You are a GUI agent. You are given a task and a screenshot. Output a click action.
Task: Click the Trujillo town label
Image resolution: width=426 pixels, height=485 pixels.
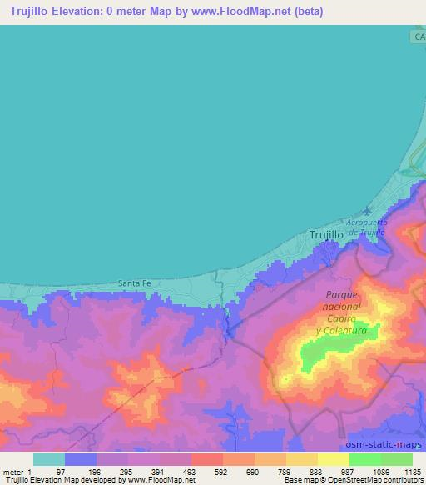point(326,236)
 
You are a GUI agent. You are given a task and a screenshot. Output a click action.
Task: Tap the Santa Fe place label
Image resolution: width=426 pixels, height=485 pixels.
point(134,283)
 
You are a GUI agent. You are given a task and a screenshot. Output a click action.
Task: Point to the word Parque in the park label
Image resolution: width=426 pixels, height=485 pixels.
point(341,295)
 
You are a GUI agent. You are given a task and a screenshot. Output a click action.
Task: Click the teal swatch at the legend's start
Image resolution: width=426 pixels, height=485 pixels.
point(49,459)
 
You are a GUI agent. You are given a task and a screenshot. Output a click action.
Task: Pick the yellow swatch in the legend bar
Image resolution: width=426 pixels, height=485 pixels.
point(334,459)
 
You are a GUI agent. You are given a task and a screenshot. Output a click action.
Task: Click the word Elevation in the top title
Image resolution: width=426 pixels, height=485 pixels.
point(78,12)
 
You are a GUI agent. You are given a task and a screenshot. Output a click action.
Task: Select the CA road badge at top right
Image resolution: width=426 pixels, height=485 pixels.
point(418,37)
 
